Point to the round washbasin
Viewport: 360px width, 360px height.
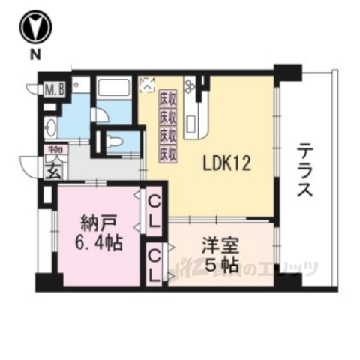[x=50, y=127]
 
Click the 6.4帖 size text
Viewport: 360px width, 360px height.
[x=98, y=244]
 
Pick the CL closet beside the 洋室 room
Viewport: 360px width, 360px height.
[x=155, y=265]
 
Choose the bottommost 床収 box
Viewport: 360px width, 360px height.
[x=166, y=154]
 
